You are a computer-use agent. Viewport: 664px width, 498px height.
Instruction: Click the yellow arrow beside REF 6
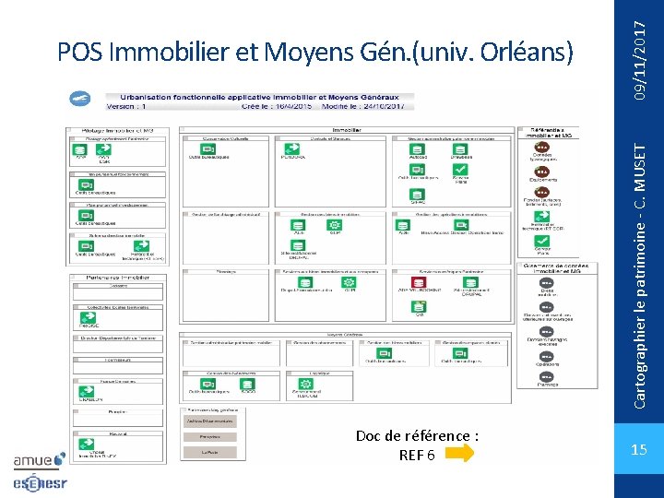460,453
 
